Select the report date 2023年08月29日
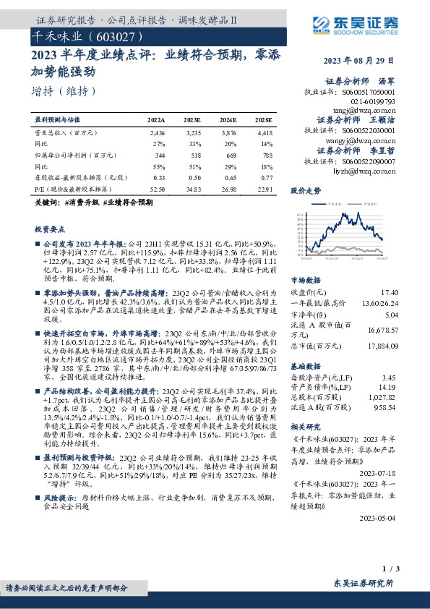[x=360, y=60]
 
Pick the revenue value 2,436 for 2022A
[x=158, y=133]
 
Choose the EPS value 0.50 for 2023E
[x=193, y=177]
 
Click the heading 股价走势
[x=305, y=192]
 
